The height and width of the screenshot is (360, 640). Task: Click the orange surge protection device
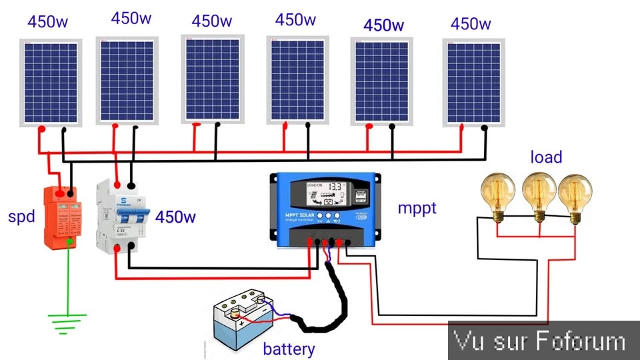[x=61, y=218]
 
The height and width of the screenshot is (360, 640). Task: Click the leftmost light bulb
[x=499, y=194]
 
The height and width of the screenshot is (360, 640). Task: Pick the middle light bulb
[x=539, y=194]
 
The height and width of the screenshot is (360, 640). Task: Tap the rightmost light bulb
[x=575, y=194]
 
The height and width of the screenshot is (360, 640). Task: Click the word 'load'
[x=546, y=157]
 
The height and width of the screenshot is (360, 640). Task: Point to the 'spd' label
[x=21, y=217]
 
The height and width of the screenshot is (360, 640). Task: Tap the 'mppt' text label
[x=417, y=208]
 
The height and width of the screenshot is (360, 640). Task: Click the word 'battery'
[x=289, y=349]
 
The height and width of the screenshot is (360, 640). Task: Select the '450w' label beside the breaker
[x=175, y=217]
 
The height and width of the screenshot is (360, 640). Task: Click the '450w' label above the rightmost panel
[x=471, y=25]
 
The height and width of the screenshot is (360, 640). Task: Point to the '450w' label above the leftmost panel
[x=47, y=21]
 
